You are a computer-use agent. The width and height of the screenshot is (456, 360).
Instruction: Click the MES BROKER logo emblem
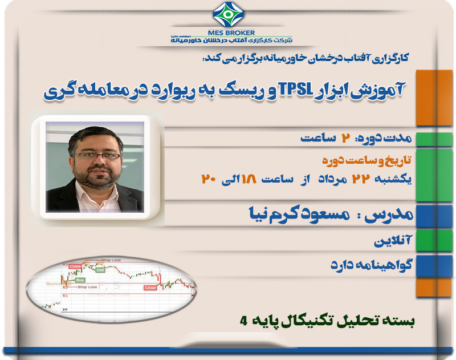[x=227, y=15]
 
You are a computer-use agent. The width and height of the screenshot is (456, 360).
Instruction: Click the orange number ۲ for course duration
[x=344, y=139]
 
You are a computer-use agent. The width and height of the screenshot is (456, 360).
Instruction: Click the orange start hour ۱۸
[x=249, y=179]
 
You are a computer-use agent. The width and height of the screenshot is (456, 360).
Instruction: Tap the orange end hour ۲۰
[x=207, y=179]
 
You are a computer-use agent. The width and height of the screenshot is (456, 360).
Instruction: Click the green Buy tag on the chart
[x=80, y=280]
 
